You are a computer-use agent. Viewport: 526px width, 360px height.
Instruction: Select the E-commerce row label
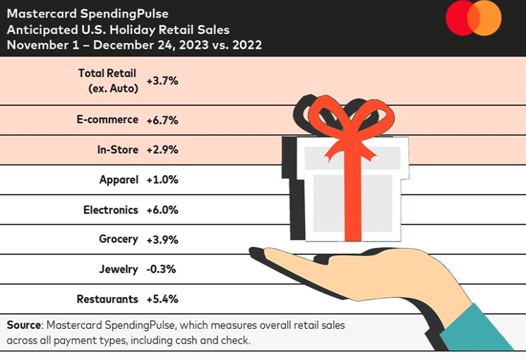tap(107, 119)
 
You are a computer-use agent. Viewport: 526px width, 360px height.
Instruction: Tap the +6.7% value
tap(162, 120)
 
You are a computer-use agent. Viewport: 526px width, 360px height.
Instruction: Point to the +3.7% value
tap(162, 80)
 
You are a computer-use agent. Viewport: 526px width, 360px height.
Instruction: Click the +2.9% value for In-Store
tap(162, 150)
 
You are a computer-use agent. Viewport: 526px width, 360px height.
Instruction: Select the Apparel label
tap(119, 179)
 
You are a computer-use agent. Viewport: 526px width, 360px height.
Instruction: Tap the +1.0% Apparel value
tap(162, 180)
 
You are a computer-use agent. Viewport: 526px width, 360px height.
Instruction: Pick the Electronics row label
tap(111, 209)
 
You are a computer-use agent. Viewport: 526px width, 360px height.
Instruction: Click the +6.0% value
tap(162, 210)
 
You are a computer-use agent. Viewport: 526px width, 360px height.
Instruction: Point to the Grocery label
tap(118, 239)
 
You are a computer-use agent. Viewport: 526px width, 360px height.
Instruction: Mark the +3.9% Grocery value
tap(162, 239)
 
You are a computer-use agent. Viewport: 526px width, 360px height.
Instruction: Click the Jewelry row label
tap(119, 269)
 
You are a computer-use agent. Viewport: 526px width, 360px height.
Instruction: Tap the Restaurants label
tap(108, 299)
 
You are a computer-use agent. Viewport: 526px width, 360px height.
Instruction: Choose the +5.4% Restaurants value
tap(162, 299)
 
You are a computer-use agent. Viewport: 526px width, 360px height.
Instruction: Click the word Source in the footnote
tap(24, 325)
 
